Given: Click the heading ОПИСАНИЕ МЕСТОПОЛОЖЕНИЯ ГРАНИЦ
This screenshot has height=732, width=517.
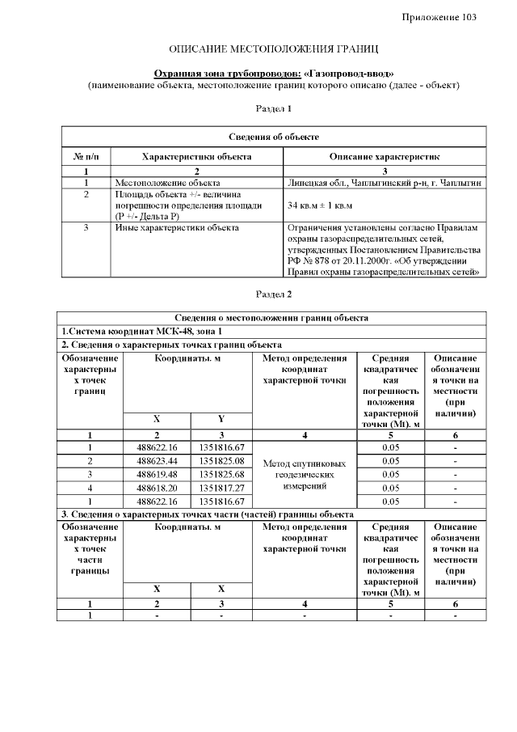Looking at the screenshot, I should (x=274, y=50).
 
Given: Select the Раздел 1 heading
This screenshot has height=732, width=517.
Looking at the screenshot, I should (x=273, y=108).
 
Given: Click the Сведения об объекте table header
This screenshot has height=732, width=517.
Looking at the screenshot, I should (x=274, y=137).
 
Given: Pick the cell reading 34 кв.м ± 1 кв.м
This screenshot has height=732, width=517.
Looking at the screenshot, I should (x=322, y=206).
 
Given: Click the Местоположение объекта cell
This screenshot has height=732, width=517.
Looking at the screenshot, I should (x=168, y=184).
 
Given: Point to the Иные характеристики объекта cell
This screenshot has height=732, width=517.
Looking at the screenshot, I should (x=177, y=228).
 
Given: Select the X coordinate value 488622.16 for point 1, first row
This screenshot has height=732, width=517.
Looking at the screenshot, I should (x=158, y=447).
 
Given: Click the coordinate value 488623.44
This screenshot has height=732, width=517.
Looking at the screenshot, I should (x=158, y=461).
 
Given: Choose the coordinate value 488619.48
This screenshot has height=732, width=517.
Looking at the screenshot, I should (x=158, y=474).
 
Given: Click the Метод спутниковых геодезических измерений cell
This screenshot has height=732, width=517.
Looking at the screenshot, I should (x=304, y=475).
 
